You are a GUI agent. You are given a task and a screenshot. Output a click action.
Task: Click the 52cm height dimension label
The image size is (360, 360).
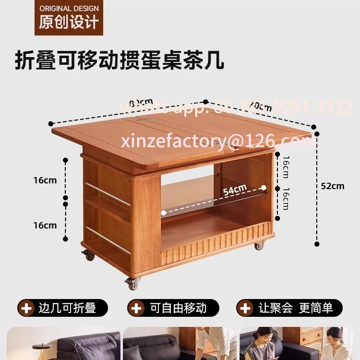click(x=333, y=186)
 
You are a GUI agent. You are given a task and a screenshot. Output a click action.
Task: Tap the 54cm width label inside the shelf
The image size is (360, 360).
click(x=235, y=190)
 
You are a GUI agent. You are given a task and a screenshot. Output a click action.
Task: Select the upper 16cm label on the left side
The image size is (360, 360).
click(x=45, y=180)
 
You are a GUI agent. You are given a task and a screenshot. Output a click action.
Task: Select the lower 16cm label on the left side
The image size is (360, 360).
click(x=45, y=225)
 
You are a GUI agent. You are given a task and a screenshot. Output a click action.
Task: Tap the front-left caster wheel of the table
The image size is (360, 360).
click(x=132, y=283)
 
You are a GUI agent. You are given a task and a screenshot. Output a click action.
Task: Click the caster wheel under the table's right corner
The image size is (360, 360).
click(x=259, y=246)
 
